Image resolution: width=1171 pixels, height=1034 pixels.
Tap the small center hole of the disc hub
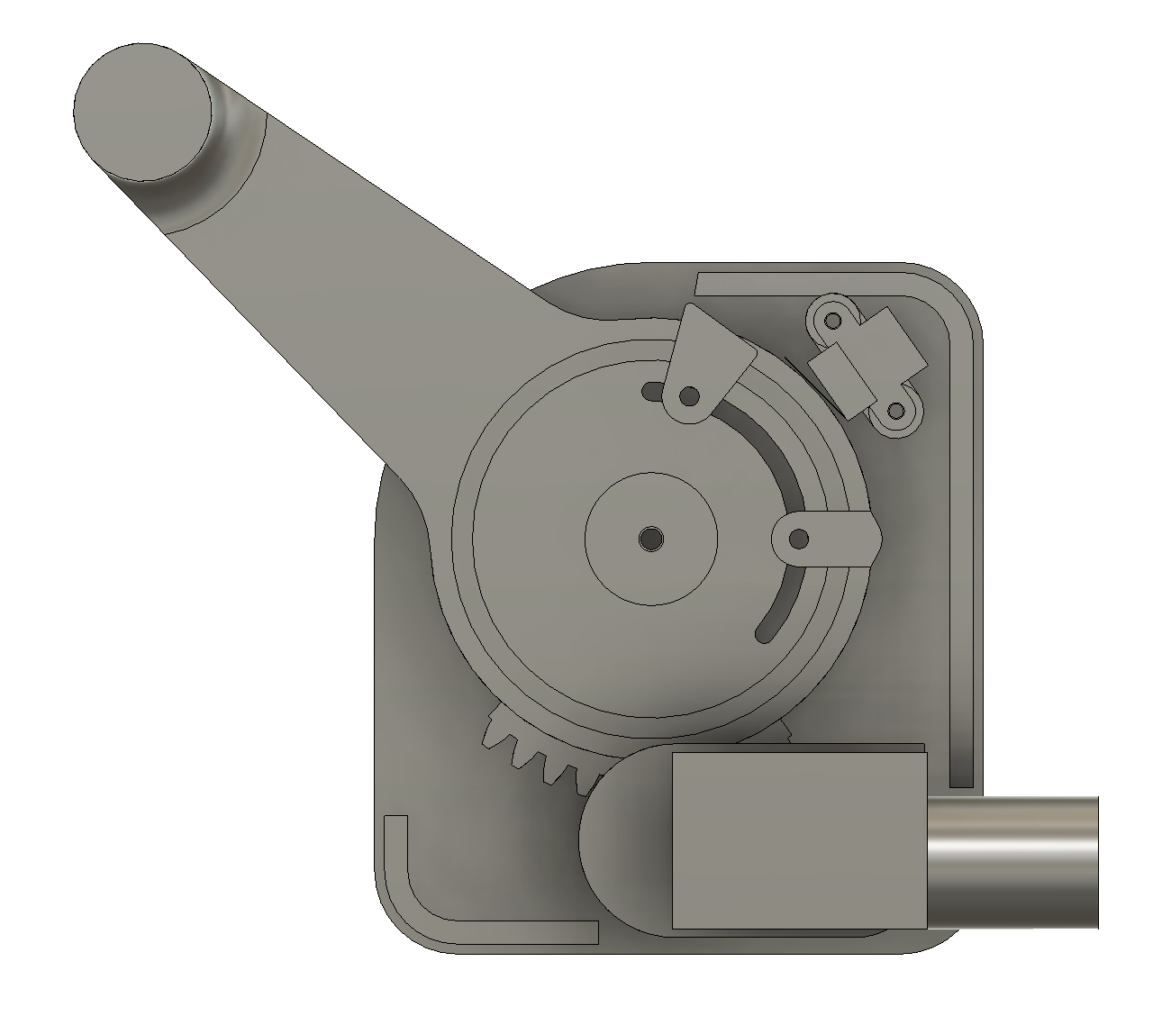click(x=650, y=539)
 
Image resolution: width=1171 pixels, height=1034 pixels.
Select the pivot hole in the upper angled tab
click(x=689, y=395)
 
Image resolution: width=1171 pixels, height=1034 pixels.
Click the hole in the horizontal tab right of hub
click(x=798, y=539)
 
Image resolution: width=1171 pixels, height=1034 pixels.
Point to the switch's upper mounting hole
click(x=833, y=320)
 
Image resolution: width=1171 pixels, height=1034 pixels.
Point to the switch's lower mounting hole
click(x=895, y=411)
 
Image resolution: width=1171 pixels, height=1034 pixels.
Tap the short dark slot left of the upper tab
click(x=651, y=389)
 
